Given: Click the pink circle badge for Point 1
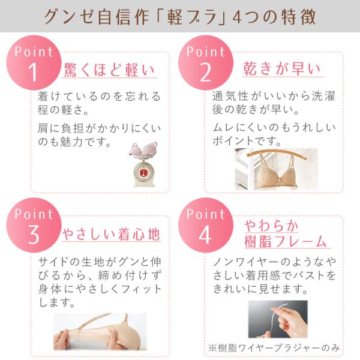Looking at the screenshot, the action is (34, 62).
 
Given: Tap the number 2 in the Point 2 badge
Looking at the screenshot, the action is (205, 73).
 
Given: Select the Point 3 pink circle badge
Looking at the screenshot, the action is (34, 225).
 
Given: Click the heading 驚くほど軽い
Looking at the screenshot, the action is (109, 70).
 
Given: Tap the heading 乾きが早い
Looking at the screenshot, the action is (282, 68).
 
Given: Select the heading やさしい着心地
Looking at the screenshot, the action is (111, 234).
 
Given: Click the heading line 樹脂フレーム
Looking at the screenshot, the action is (286, 241).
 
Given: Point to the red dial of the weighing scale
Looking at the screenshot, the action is (143, 172).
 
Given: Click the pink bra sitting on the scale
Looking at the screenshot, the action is (143, 149).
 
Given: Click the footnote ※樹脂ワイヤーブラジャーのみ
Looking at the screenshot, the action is (274, 348).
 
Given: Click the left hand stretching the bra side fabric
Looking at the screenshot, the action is (61, 339).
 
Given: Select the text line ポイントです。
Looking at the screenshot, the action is (247, 140).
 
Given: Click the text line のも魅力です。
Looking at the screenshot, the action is (74, 142).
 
